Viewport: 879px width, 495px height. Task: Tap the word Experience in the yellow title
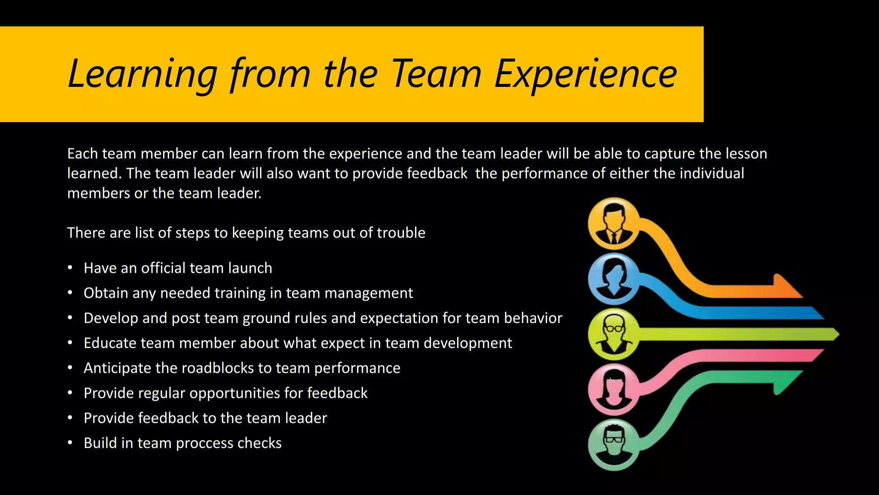point(585,74)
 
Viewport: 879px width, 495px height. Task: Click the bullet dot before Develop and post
point(70,318)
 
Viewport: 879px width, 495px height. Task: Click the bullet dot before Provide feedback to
point(70,418)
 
